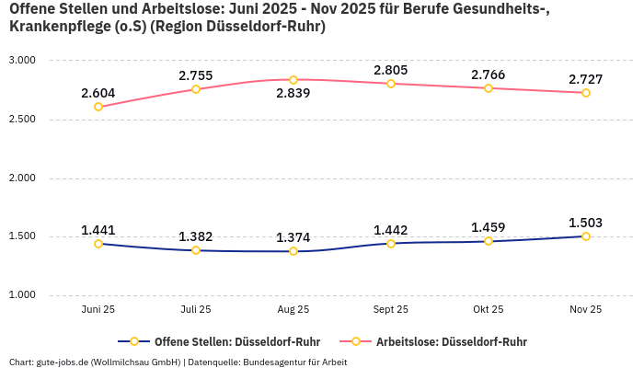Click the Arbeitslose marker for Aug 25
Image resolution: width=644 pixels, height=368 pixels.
(293, 80)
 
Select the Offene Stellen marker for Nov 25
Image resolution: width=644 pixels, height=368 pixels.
(586, 236)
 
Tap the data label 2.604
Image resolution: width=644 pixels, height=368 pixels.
(98, 93)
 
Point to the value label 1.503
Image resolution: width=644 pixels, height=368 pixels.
(586, 223)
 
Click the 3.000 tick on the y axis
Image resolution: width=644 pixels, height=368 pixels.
(22, 61)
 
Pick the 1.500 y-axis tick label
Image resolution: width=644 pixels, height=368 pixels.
(22, 236)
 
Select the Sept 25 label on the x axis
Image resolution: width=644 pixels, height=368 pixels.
(391, 310)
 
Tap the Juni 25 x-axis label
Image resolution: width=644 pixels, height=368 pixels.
(98, 310)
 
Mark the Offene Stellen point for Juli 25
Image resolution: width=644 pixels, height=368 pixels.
(196, 250)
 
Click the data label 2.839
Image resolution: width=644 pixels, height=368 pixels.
(293, 94)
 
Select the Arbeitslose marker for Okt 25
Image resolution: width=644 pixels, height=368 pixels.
(489, 88)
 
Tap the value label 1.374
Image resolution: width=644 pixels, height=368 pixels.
(293, 237)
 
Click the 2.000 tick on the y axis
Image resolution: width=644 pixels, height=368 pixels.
(22, 178)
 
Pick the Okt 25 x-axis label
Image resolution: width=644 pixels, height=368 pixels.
(489, 310)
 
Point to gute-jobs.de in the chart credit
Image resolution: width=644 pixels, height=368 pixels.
(63, 362)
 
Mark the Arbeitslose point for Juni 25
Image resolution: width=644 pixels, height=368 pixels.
(98, 107)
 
